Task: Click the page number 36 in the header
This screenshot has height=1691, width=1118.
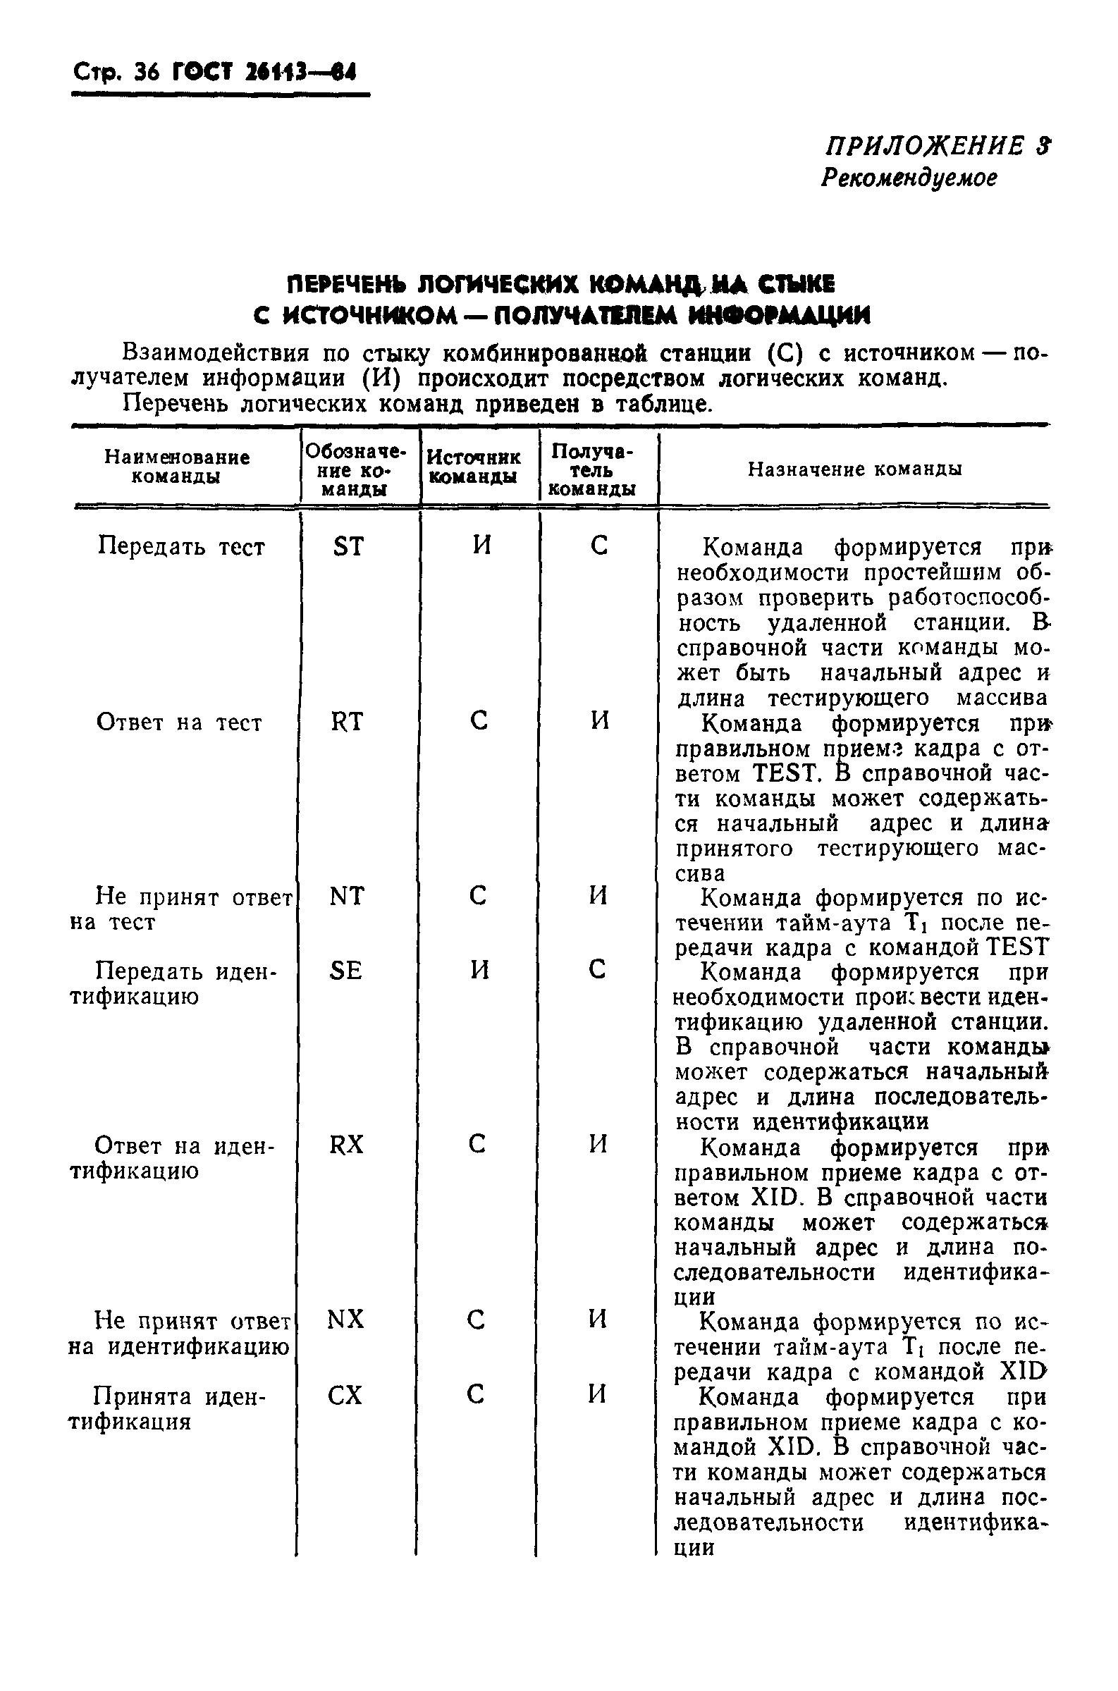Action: [147, 73]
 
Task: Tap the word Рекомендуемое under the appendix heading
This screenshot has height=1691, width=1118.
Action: [909, 178]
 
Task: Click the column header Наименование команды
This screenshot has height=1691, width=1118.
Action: [177, 467]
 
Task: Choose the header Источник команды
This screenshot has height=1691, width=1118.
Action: [474, 467]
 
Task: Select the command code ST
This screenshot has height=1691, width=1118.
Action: [348, 547]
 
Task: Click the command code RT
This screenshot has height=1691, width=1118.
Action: [348, 722]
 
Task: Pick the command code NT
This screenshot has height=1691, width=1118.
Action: [348, 896]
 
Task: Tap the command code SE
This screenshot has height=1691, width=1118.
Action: [346, 970]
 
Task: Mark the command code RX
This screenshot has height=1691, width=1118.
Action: [347, 1145]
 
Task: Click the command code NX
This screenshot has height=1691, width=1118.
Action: [346, 1320]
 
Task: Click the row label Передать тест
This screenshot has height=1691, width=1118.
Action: [181, 547]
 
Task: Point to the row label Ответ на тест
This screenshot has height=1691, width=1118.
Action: [179, 723]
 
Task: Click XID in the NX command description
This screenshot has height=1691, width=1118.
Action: [1022, 1372]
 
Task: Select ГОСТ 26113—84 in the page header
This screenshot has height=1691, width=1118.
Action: [263, 73]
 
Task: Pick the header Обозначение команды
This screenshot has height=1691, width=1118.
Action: [355, 470]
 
